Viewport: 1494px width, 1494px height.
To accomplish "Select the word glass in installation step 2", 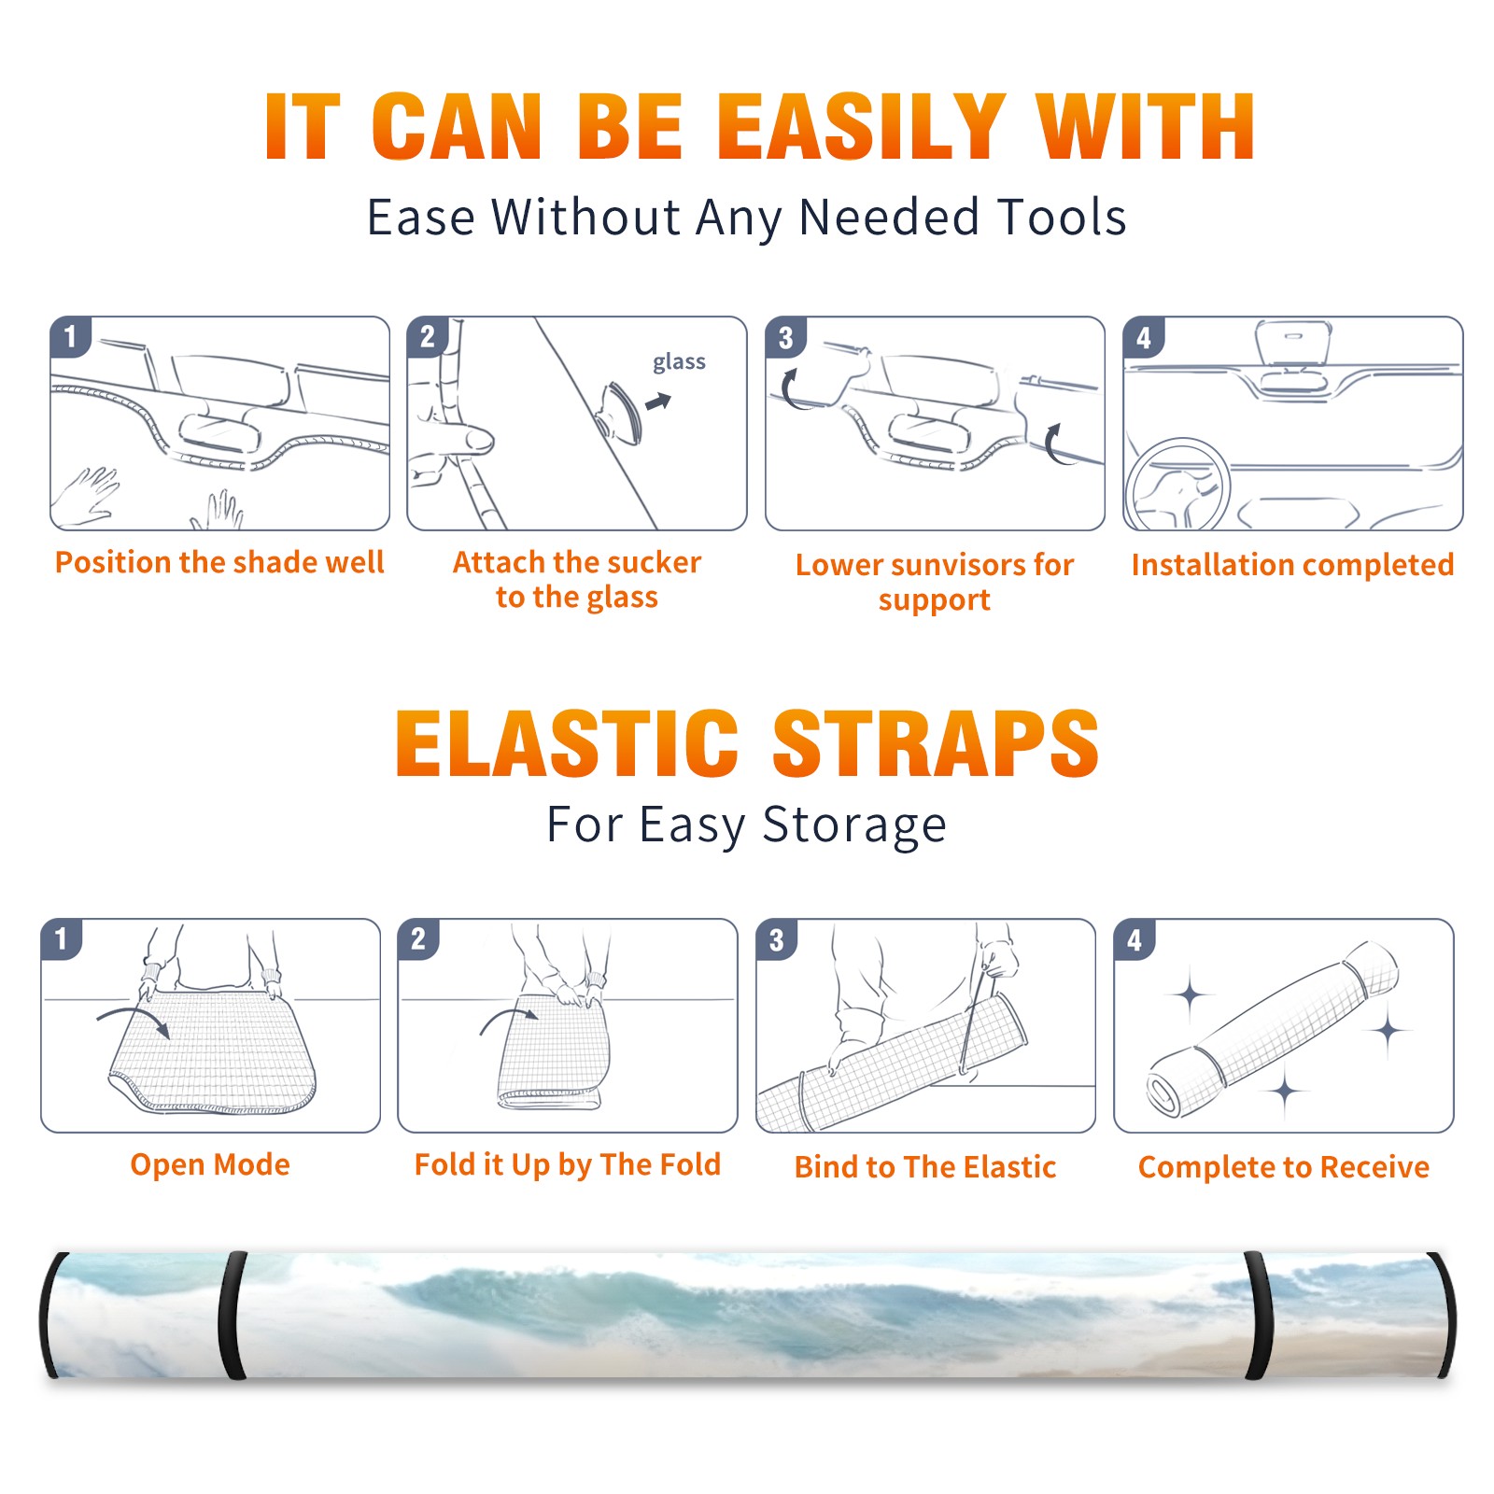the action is (679, 362).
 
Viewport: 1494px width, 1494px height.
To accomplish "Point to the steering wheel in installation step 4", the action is (1177, 486).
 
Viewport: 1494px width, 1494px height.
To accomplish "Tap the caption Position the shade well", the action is (219, 562).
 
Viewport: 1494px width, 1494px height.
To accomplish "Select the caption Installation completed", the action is (1292, 565).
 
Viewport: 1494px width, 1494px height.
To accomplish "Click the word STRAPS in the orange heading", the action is (936, 743).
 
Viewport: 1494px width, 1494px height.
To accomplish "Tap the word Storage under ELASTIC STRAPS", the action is (854, 825).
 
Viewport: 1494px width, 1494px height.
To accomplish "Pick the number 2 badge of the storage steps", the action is (418, 938).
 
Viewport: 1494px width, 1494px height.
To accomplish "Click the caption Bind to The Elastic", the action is (925, 1167).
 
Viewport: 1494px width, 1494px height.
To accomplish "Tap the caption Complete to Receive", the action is (1284, 1167).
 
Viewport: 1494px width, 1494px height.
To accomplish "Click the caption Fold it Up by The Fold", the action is (568, 1164).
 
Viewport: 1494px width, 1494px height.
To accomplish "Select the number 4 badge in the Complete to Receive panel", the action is (1135, 939).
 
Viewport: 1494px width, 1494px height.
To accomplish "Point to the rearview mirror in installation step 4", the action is (1293, 344).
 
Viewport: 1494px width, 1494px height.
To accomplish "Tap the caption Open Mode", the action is (210, 1164).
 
